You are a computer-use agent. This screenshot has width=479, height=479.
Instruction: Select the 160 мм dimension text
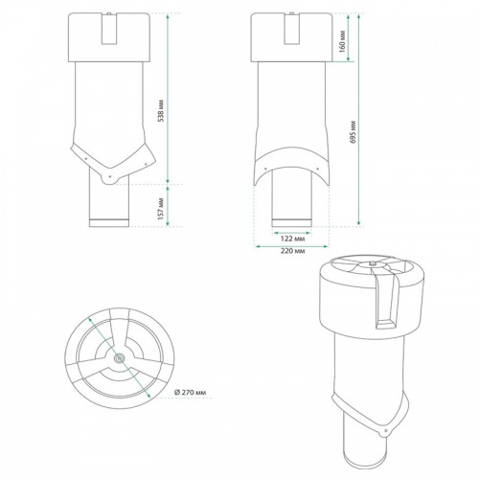pos(342,40)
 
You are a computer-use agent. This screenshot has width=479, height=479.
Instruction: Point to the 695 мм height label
pos(355,133)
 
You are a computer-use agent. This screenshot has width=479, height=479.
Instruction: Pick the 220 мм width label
pos(293,250)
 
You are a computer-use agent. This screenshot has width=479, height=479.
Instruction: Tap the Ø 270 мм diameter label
pos(194,392)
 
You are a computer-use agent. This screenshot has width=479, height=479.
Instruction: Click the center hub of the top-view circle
pos(118,358)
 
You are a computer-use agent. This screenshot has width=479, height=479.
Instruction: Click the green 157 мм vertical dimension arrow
pos(170,205)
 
